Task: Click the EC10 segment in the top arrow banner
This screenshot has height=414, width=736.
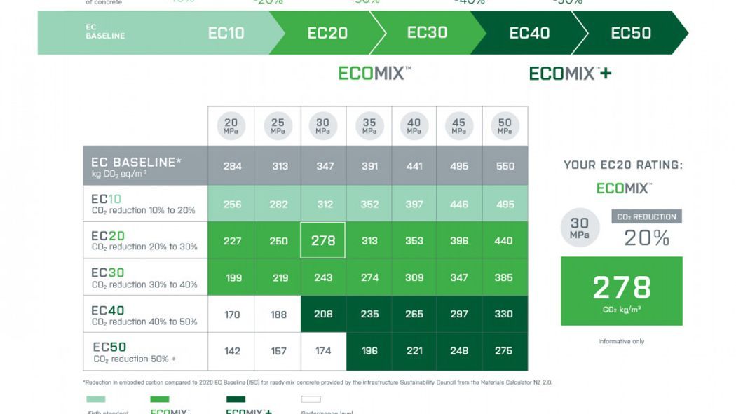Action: (226, 33)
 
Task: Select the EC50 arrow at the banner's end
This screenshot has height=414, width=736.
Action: (631, 33)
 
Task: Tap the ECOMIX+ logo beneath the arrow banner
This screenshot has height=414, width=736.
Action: (570, 74)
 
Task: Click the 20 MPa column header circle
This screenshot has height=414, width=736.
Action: (231, 126)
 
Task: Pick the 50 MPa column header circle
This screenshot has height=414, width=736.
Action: (504, 126)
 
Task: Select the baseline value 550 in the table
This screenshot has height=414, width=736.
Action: (504, 166)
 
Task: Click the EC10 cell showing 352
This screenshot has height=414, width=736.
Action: (369, 205)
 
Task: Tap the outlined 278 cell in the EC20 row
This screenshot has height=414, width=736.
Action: (323, 240)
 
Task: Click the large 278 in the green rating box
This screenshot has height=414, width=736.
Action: (622, 288)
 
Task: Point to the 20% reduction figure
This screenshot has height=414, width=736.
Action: (647, 238)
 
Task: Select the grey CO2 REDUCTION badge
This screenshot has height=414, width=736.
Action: (646, 217)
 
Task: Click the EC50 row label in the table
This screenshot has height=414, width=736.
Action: (110, 347)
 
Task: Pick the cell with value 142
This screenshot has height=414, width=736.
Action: (232, 351)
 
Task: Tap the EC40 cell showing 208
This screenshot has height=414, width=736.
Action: (323, 315)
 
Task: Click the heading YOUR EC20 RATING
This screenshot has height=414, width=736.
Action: (622, 165)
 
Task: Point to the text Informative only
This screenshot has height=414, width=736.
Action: (621, 341)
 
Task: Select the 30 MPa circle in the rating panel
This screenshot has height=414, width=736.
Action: (580, 228)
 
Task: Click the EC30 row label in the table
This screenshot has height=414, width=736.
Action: (108, 272)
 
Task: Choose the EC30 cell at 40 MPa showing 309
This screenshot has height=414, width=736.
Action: (414, 277)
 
